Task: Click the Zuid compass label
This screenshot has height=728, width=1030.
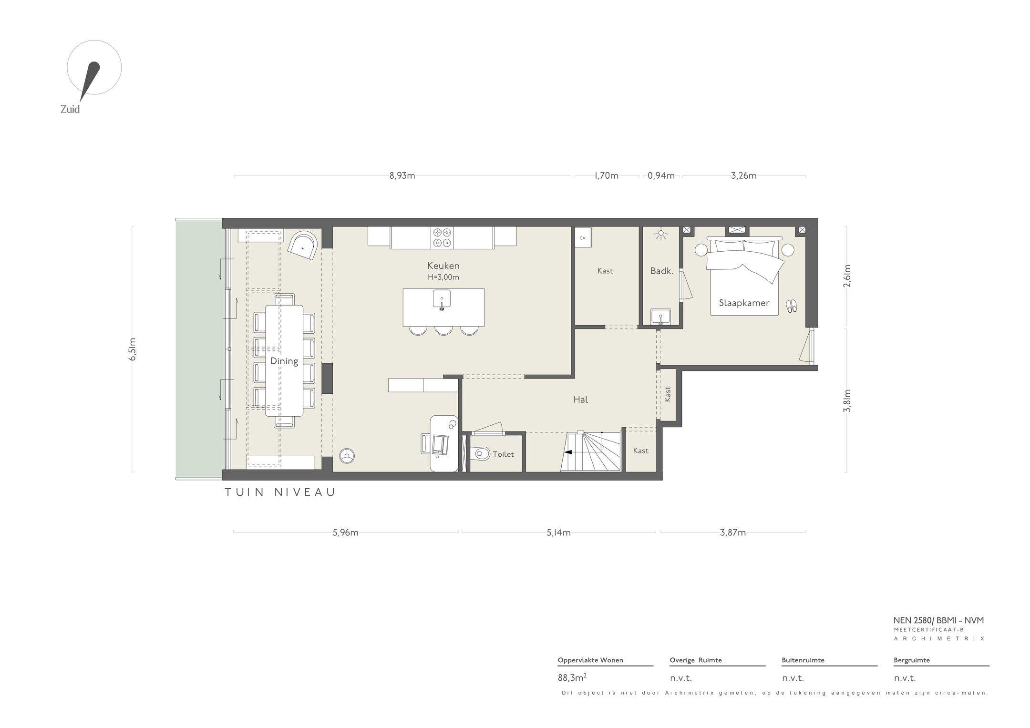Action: pos(70,109)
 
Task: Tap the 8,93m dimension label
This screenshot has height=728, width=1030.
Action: pos(402,175)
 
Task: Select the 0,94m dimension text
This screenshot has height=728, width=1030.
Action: pos(661,175)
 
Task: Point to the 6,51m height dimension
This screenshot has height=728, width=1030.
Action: pos(133,349)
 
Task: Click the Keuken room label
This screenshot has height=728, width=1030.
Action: pos(443,266)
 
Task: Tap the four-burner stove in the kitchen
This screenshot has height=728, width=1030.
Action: pos(442,237)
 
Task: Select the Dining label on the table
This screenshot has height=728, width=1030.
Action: pos(284,361)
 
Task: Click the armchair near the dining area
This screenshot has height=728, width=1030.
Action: pos(302,246)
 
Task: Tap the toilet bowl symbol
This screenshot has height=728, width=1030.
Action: pos(483,453)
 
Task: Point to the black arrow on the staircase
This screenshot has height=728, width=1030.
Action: pos(567,452)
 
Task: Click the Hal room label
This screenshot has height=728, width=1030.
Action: pos(580,400)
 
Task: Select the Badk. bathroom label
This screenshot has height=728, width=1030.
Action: pos(662,271)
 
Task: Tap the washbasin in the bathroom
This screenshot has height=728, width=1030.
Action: pos(660,317)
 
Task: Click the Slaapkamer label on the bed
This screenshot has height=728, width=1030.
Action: pos(744,303)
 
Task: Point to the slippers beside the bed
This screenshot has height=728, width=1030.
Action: pos(791,306)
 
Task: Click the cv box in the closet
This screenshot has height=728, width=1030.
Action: pos(582,237)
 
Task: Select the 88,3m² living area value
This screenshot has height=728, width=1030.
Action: pos(572,677)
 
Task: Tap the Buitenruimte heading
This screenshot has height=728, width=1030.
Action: pos(803,660)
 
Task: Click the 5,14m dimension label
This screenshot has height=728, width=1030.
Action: pos(558,533)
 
